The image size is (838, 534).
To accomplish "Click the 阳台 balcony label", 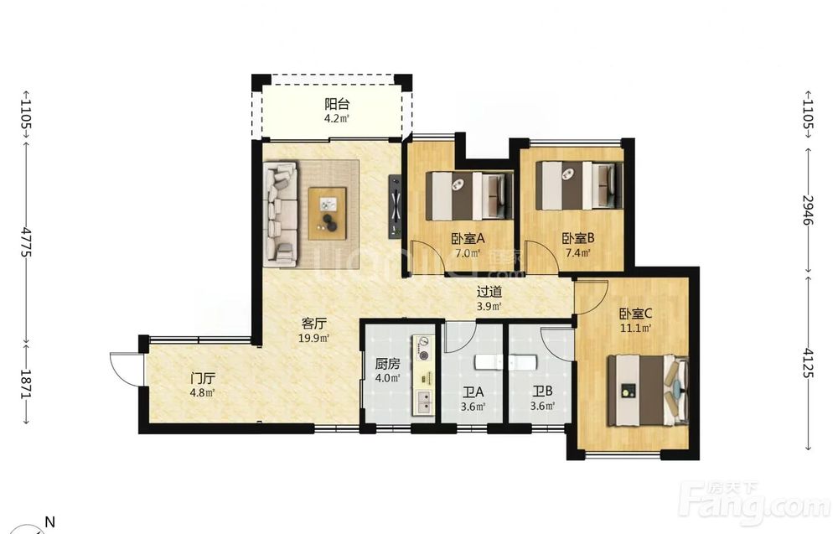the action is click(337, 104).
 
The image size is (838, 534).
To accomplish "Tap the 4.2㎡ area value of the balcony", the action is click(337, 119).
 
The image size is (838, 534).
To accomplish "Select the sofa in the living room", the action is click(282, 214).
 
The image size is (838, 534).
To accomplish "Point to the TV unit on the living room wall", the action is click(395, 205).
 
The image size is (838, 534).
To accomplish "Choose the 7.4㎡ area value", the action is click(578, 253).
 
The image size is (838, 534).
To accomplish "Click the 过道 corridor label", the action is click(489, 292).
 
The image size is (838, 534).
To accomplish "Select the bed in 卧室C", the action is click(649, 391).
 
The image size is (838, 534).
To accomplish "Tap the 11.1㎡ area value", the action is click(635, 329).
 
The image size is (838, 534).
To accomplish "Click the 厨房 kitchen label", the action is click(387, 365).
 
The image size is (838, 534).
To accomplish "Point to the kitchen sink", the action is click(424, 402).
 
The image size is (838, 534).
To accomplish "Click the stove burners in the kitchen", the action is click(424, 348).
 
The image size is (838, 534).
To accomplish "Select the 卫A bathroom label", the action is click(473, 392).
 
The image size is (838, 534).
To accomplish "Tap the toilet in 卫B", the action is click(522, 362).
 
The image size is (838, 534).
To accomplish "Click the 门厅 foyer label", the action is click(203, 379).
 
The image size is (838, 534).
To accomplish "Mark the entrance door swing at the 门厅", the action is click(125, 368).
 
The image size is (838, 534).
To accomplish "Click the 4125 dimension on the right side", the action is click(808, 363).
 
